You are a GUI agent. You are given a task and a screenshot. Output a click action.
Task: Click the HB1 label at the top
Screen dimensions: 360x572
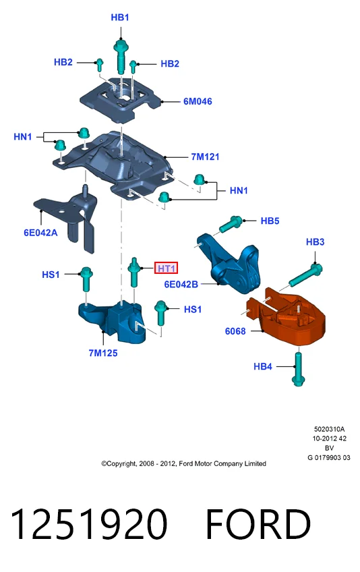pos(120,17)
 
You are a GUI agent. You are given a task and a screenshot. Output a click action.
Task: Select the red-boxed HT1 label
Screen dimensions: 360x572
pos(167,268)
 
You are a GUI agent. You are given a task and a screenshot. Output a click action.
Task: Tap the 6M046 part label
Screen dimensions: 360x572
pos(198,101)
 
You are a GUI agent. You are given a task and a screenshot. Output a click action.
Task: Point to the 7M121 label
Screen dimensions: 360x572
pos(205,157)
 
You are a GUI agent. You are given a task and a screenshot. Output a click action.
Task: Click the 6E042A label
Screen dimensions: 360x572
pos(40,232)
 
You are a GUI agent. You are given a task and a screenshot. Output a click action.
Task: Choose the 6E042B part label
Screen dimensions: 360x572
pos(181,284)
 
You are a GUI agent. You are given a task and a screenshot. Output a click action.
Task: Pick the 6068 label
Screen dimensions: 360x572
pos(235,331)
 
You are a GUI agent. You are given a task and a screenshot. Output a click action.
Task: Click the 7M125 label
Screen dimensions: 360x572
pos(103,353)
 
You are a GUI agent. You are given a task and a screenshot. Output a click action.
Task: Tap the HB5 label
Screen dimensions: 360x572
pos(270,221)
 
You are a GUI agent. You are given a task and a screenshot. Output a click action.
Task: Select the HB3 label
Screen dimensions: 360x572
pos(315,242)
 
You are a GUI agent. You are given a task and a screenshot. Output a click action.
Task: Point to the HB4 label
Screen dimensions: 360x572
pos(263,366)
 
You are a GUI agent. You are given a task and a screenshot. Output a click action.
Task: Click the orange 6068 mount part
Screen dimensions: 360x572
pos(287,318)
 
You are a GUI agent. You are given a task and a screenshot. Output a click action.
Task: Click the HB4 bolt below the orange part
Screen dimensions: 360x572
pos(298,367)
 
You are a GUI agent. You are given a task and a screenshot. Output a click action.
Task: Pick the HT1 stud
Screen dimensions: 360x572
pos(134,272)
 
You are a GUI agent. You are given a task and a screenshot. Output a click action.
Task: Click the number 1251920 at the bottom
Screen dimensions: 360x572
pos(90,524)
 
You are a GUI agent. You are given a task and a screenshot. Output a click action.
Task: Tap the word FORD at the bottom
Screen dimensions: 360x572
pos(258,524)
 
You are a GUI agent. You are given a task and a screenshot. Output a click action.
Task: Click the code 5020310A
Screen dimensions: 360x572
pos(329,430)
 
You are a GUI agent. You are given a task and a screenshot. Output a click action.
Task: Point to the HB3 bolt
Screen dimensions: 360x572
pos(305,275)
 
